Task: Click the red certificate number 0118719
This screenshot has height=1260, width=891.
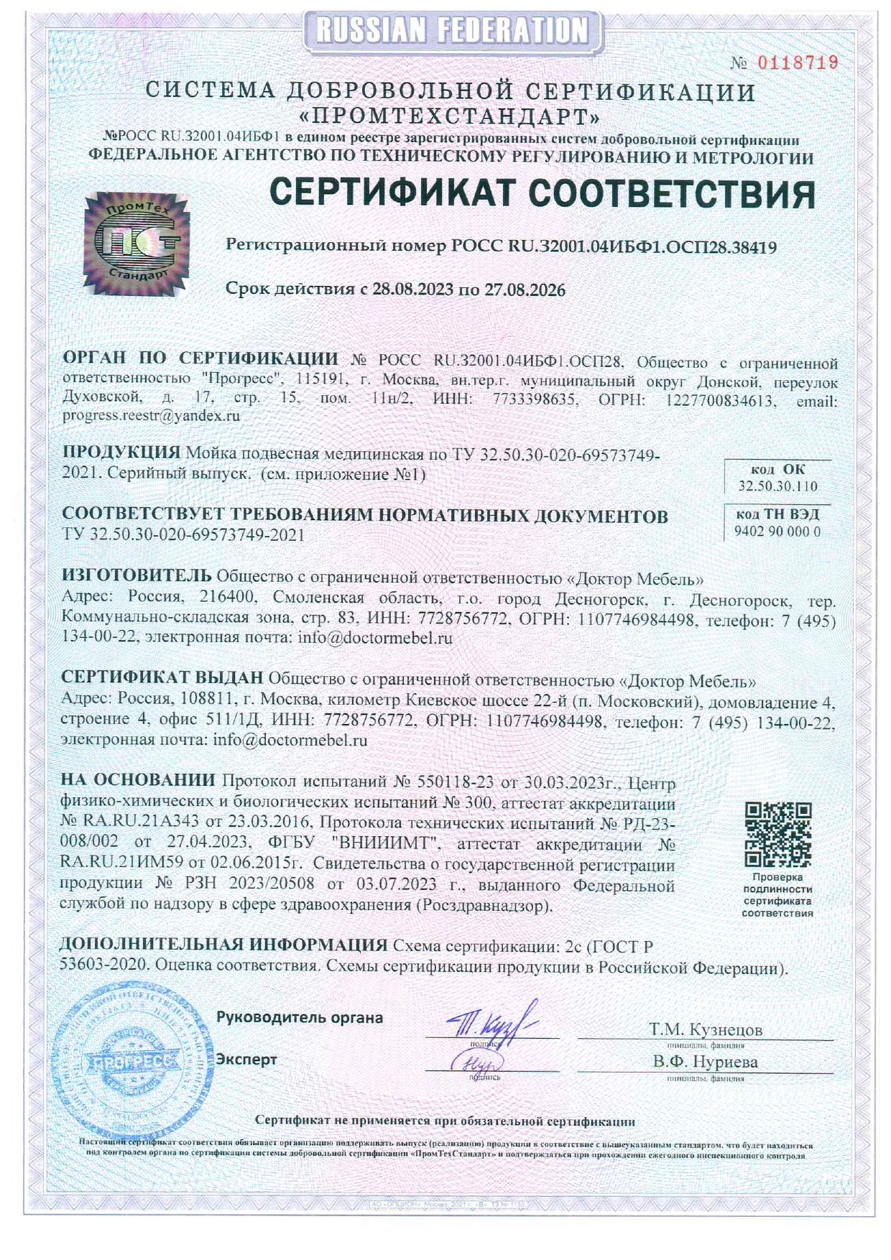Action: point(797,62)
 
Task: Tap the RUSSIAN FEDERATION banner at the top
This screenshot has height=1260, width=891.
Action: point(451,29)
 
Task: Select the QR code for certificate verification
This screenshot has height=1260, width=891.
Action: point(777,835)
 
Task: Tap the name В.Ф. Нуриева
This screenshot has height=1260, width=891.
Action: point(705,1062)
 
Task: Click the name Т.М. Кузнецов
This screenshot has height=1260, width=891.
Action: point(705,1029)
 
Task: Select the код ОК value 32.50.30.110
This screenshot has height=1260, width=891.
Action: point(777,486)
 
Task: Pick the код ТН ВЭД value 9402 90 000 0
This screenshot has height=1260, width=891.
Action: point(777,532)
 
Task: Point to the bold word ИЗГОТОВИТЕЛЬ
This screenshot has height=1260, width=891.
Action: point(137,575)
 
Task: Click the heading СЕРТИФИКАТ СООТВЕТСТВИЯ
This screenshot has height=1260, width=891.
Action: point(543,193)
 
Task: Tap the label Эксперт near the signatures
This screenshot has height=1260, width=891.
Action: point(246,1060)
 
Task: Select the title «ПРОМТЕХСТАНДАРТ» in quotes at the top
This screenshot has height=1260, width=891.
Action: point(450,116)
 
